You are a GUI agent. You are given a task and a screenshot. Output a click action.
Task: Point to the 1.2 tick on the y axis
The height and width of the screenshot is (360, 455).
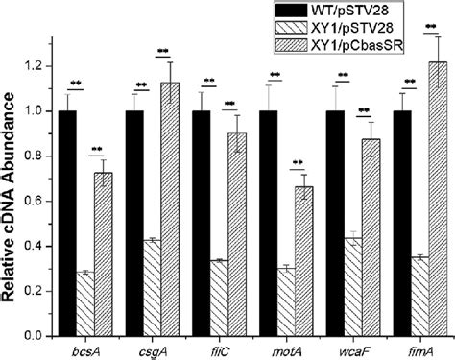(38, 66)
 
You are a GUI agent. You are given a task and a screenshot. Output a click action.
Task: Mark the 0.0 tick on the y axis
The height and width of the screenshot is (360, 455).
(38, 337)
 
